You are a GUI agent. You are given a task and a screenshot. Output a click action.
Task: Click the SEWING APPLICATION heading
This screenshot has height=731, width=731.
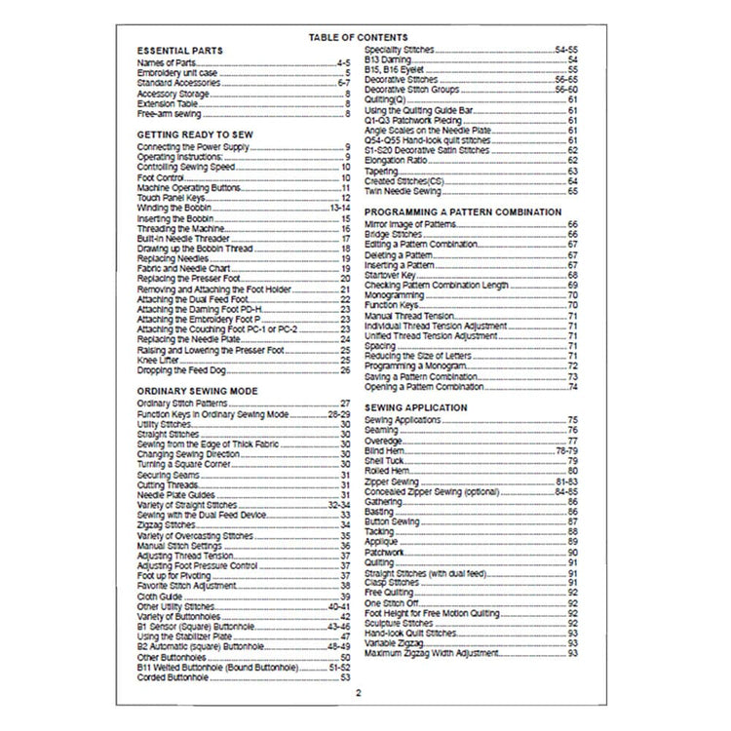[416, 406]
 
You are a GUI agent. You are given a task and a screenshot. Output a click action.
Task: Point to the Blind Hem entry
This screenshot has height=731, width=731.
[382, 450]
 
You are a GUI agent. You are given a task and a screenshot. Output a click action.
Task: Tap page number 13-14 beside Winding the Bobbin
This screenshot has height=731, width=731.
[339, 208]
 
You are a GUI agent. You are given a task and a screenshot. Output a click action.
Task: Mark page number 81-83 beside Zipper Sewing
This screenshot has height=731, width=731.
[567, 481]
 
